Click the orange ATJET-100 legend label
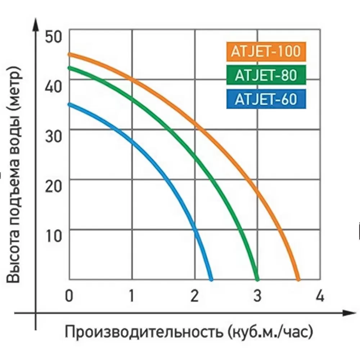pos(266,51)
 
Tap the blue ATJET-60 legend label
pos(266,99)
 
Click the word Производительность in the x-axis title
pos(144,332)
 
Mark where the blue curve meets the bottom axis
pos(211,279)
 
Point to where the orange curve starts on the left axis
pos(70,55)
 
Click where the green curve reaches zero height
pos(257,279)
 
